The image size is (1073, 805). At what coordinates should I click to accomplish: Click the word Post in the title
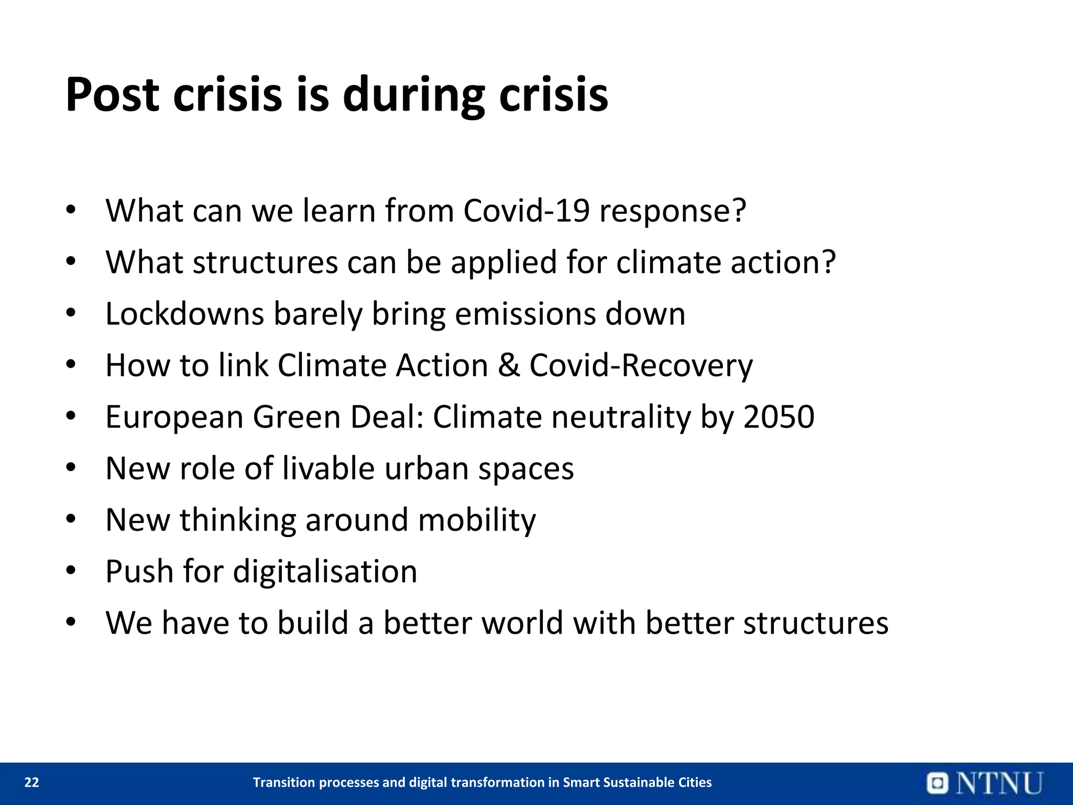pos(112,95)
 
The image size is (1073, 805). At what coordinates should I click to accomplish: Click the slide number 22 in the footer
pos(32,782)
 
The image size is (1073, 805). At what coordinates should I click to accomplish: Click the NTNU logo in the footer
pos(985,783)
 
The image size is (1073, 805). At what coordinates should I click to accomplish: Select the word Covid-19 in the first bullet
pos(526,211)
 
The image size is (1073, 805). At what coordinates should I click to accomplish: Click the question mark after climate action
pos(828,262)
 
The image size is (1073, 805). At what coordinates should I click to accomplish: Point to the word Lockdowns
pos(184,314)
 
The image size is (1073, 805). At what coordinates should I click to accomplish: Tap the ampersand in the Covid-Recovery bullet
pos(509,365)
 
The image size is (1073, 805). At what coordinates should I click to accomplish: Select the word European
pos(174,417)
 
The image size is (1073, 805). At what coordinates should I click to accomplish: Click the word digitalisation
pos(325,571)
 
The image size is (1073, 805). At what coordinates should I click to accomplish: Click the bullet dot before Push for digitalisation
pos(71,570)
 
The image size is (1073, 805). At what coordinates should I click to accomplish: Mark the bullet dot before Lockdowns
pos(71,313)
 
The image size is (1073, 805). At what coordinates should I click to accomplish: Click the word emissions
pos(525,314)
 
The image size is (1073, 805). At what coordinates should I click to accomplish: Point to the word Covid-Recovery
pos(641,365)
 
